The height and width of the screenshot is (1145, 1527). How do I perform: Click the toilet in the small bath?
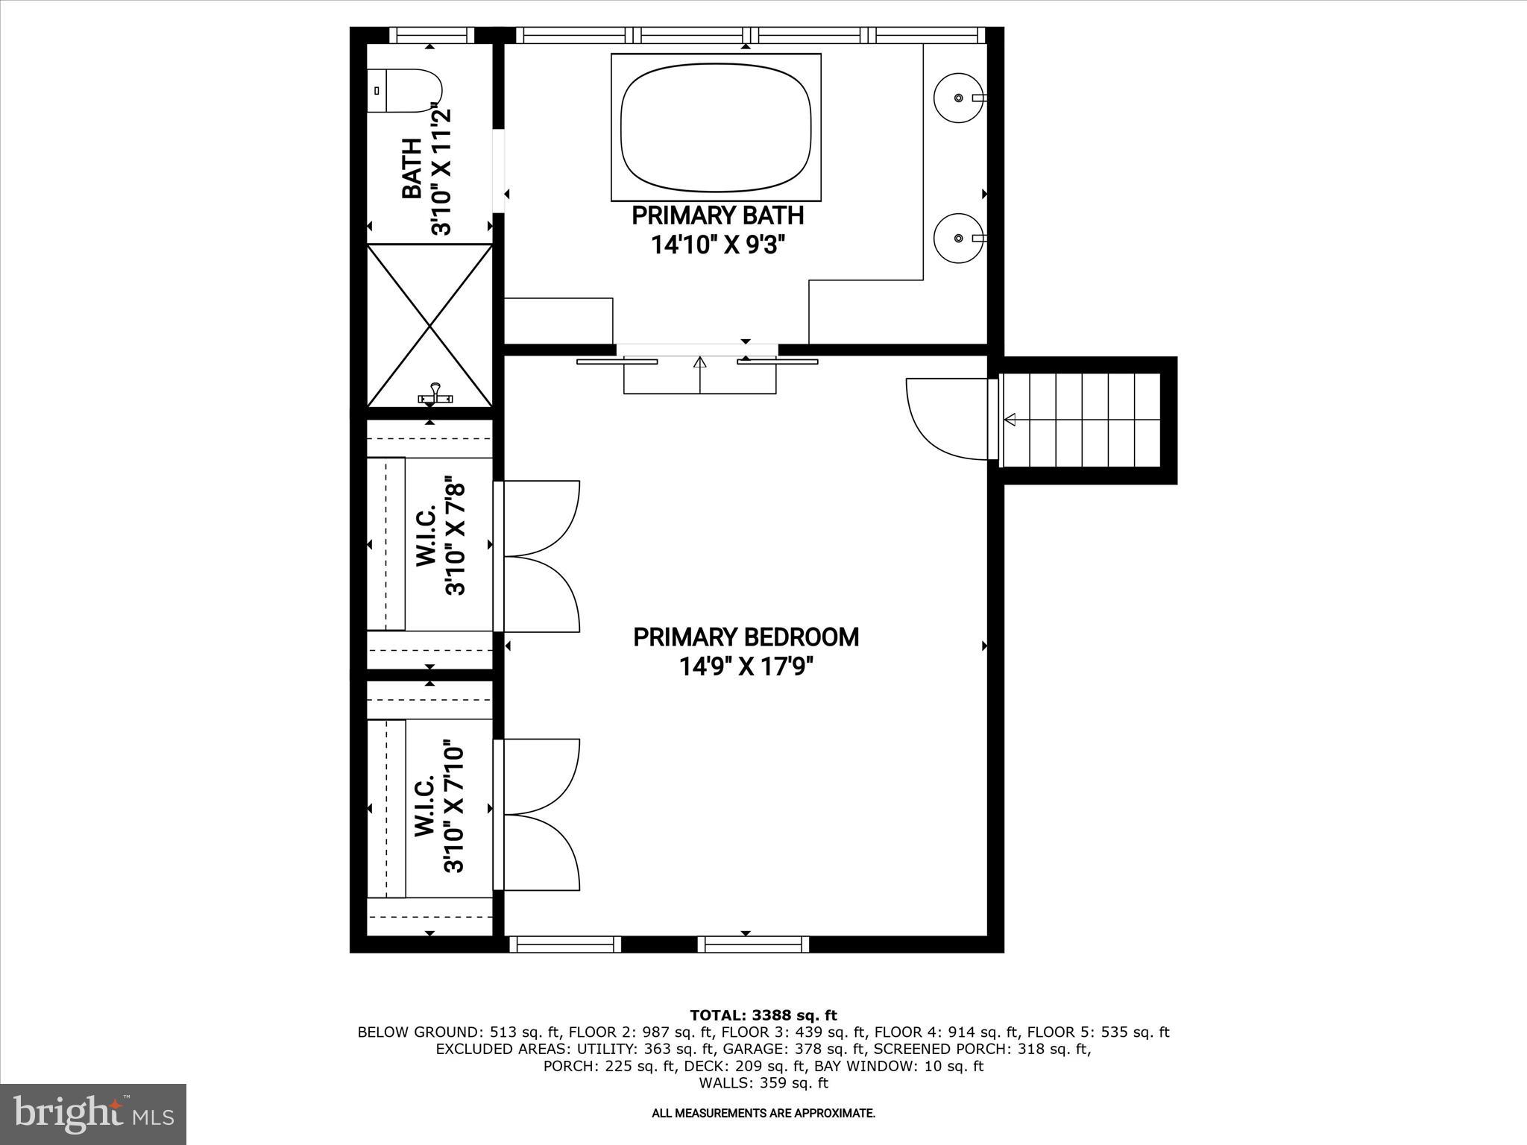[x=405, y=91]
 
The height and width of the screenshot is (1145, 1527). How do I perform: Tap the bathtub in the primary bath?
[x=716, y=127]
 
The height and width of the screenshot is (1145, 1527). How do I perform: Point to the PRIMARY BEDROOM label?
[x=746, y=637]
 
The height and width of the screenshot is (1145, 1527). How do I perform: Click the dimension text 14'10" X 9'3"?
[x=719, y=245]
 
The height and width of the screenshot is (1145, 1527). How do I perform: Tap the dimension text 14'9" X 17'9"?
[x=746, y=666]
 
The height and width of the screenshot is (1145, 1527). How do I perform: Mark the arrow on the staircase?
[x=1010, y=420]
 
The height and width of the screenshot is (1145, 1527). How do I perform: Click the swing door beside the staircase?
[x=945, y=417]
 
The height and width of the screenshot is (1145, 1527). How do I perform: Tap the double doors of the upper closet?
[x=541, y=556]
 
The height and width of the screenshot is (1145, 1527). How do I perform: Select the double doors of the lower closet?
[x=541, y=814]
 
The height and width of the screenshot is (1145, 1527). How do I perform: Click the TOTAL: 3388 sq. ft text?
[x=763, y=1015]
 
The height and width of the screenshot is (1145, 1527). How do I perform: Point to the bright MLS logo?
[x=93, y=1114]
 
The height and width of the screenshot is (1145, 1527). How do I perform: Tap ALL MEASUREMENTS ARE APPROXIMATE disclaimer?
[x=763, y=1113]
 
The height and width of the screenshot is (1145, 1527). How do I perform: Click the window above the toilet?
[x=432, y=35]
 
